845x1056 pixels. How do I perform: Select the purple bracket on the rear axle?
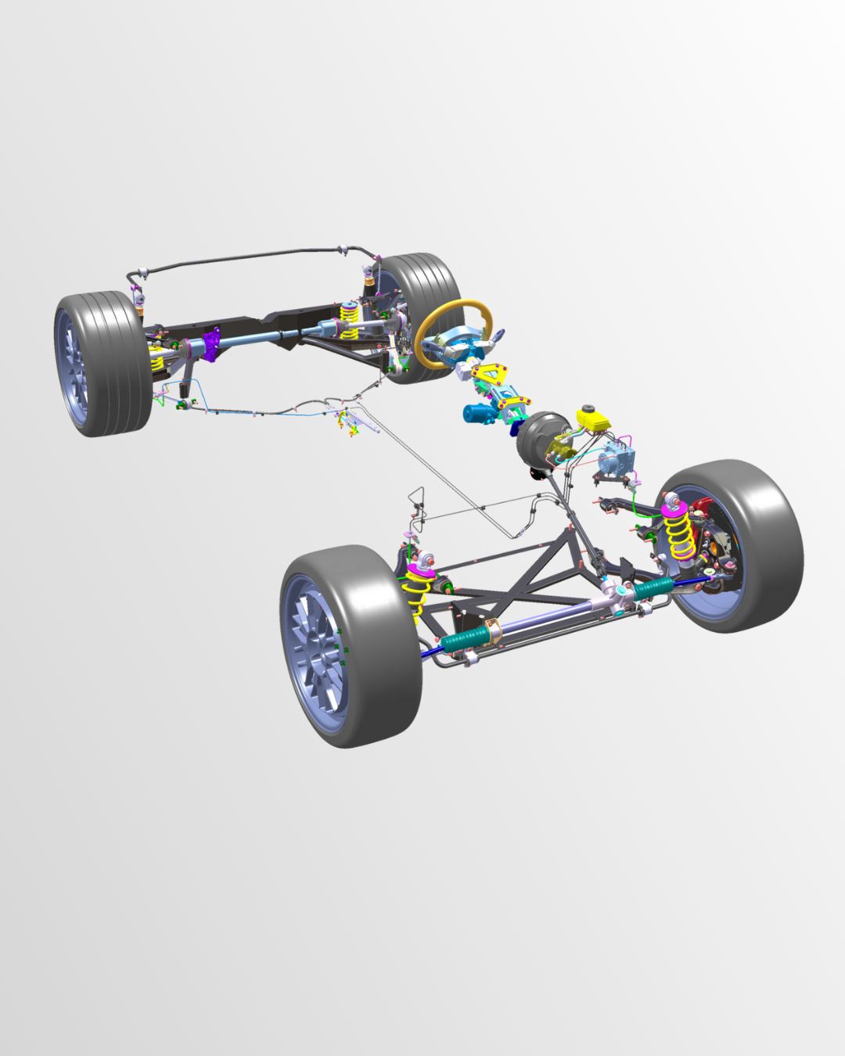(x=211, y=345)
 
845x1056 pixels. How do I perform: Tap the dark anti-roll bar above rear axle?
(x=250, y=257)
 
